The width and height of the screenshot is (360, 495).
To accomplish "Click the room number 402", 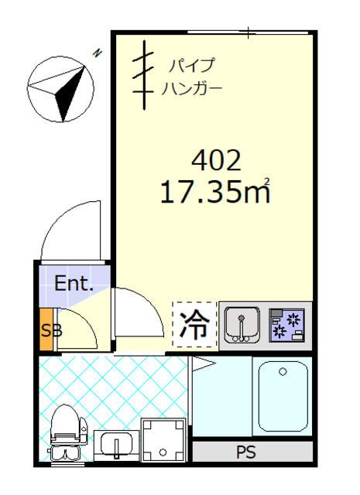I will coord(216,161).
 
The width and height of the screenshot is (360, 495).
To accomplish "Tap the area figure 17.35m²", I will coord(214,191).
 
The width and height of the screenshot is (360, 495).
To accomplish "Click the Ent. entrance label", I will coord(74,283).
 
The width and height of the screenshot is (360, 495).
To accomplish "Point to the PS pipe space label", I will coord(252,452).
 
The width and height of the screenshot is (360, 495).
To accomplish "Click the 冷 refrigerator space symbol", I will coord(194,325).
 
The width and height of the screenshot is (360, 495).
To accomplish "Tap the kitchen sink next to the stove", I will coord(242,324).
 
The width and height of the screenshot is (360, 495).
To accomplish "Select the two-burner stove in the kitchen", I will coord(287,324).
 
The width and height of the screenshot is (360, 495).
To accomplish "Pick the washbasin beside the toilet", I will coord(116,446).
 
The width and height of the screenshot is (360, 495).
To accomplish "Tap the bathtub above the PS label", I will coord(282,394).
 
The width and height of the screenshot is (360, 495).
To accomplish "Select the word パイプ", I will coord(191,65).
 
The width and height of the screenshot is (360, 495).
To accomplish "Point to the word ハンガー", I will coord(193,87).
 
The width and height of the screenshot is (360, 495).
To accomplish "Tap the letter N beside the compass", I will coord(98,53).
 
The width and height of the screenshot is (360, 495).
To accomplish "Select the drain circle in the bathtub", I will coord(282,372).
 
